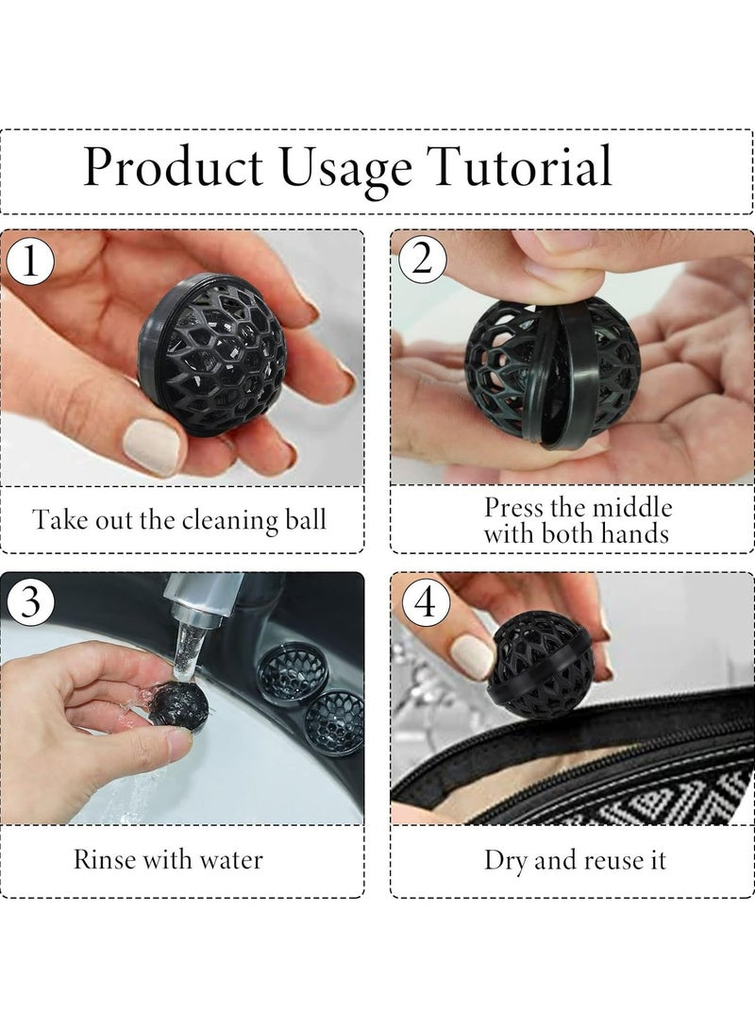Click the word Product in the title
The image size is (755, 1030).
click(178, 167)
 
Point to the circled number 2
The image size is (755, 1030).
click(421, 261)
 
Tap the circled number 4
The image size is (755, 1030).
click(423, 602)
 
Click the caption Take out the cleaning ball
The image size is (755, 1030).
click(180, 519)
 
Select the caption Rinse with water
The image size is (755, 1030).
click(168, 859)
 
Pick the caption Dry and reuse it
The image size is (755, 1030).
click(575, 860)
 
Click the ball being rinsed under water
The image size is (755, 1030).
click(174, 702)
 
